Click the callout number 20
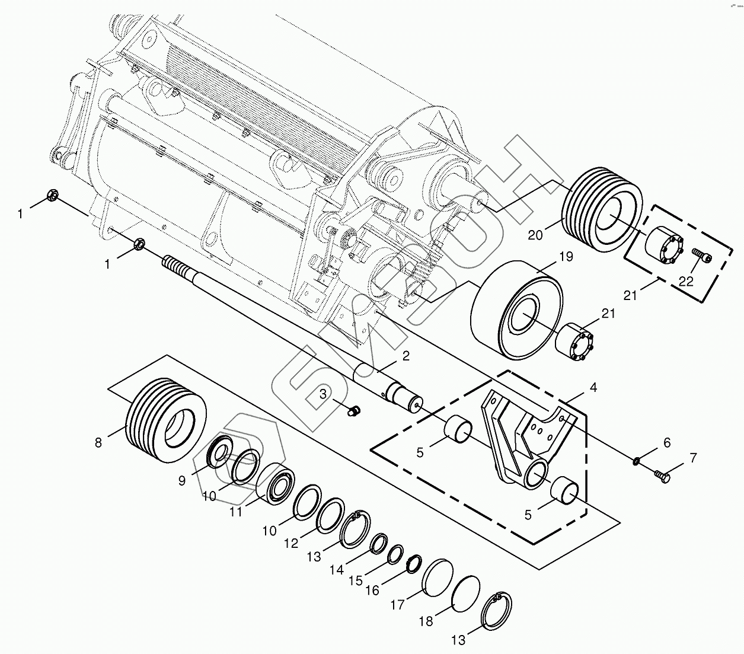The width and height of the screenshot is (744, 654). point(535,235)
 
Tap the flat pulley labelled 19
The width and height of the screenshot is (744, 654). point(516,308)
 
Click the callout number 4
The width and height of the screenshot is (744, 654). point(593,388)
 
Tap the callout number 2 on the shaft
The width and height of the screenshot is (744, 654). point(405,356)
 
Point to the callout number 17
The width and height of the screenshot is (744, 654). point(397,605)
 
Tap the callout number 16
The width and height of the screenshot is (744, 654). point(372,591)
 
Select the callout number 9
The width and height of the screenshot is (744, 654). point(181,481)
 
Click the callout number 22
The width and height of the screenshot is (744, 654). point(686,281)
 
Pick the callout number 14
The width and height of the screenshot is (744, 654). point(337,570)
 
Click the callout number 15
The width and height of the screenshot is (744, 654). point(355,580)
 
